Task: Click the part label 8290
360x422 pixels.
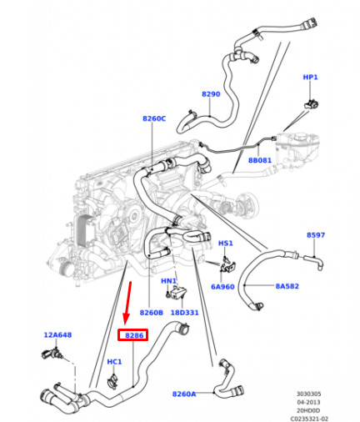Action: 211,94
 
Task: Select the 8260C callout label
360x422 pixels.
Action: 154,118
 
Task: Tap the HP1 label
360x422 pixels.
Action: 310,77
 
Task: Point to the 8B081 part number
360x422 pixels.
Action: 260,160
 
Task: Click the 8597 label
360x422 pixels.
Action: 316,235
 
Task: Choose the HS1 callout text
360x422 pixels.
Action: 226,244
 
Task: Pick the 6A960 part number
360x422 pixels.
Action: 222,287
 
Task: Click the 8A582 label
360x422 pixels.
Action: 287,286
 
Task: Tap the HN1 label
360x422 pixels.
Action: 168,281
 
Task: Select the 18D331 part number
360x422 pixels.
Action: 184,313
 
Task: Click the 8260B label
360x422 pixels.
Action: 152,313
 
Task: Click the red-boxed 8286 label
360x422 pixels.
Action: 134,335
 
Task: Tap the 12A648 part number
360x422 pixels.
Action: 57,334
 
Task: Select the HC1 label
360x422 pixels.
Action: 114,362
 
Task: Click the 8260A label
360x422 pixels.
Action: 184,394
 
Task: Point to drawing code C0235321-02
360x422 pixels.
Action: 309,419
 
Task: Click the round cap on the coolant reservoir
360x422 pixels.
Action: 301,137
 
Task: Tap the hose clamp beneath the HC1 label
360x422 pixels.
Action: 112,381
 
